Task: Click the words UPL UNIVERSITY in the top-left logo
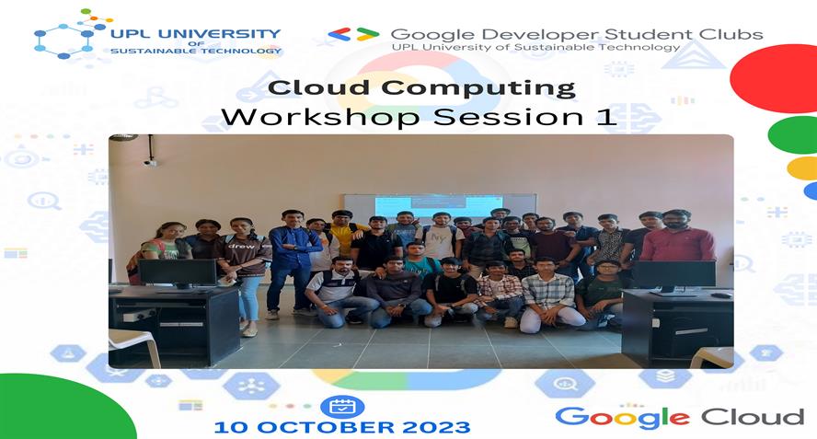[195, 33]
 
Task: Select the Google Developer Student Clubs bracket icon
[353, 34]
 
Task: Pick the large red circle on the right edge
[780, 78]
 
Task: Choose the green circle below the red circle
[793, 134]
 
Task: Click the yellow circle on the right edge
[802, 168]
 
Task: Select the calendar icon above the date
[342, 406]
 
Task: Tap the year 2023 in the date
[438, 427]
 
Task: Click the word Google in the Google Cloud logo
[621, 417]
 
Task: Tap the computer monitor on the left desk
[177, 272]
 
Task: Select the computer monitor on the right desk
[673, 273]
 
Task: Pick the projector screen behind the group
[440, 205]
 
